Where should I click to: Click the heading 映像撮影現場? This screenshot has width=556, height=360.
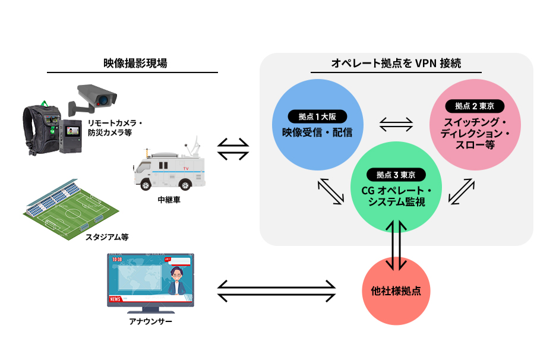tap(132, 63)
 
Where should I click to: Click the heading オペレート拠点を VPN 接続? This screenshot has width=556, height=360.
tap(396, 63)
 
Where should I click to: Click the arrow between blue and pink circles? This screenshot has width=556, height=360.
tap(396, 124)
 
